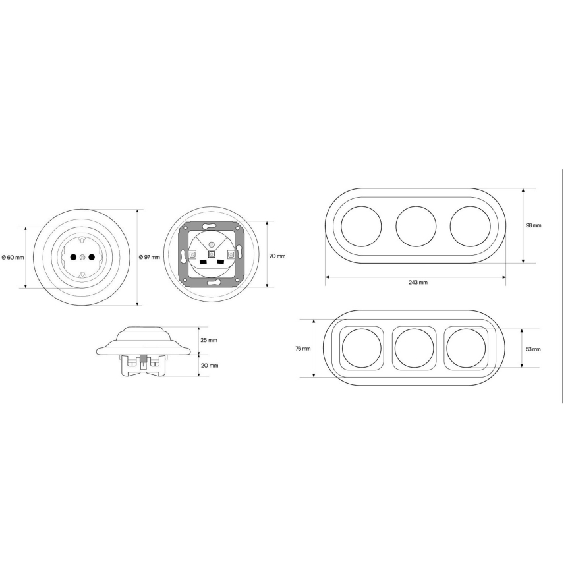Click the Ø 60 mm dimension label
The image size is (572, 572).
pos(13,258)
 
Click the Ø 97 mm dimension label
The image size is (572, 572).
pos(150,257)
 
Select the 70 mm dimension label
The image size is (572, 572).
pos(277,256)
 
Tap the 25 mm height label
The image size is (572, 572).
pos(209,340)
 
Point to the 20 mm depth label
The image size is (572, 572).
pos(210,366)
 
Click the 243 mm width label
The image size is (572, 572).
pos(418,282)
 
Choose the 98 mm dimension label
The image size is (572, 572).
pos(533,225)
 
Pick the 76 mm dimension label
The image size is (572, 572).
pos(303,349)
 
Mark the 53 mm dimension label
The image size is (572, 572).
pos(533,349)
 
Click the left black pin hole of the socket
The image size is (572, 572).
pos(73,258)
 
